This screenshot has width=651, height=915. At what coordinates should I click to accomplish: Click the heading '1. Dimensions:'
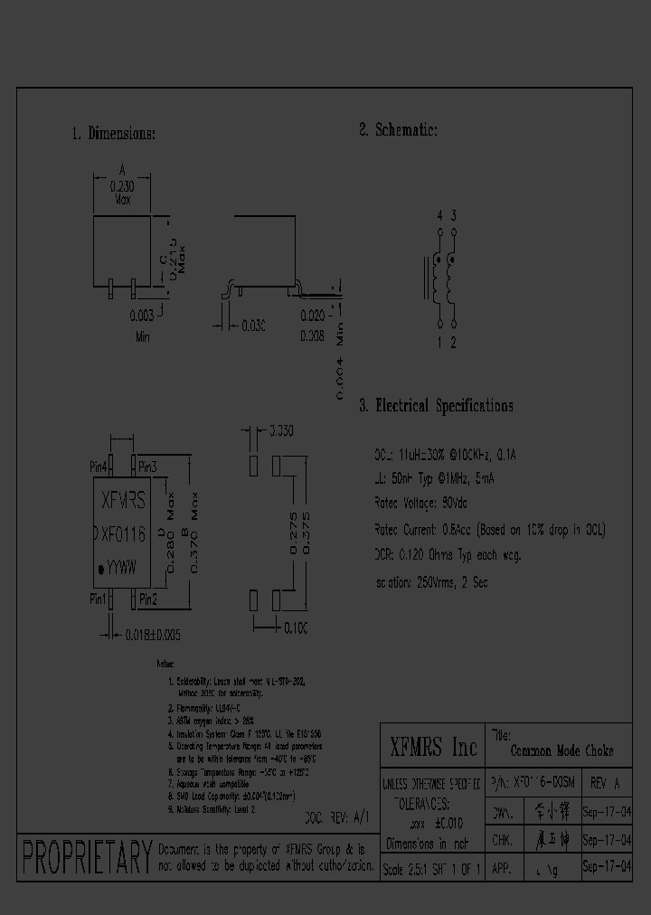click(x=113, y=134)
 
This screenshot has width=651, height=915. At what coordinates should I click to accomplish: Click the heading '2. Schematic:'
click(x=398, y=130)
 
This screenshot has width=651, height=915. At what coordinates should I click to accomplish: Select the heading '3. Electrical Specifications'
click(x=436, y=406)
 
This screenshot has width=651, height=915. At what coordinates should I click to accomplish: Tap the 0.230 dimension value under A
click(x=122, y=184)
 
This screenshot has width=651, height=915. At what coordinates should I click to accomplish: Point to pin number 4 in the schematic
click(x=440, y=215)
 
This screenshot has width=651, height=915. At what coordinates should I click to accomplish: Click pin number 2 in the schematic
click(x=453, y=343)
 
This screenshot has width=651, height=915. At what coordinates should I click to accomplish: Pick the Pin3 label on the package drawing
click(x=147, y=467)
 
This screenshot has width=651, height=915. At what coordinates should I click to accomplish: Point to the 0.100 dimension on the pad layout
click(x=296, y=627)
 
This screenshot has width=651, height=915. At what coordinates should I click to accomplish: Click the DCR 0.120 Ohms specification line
click(x=447, y=555)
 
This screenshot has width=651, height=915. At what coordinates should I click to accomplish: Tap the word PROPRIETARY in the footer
click(x=87, y=855)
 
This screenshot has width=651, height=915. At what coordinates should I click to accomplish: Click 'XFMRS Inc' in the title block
click(x=432, y=747)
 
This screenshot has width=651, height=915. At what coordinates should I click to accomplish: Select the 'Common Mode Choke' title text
click(x=561, y=750)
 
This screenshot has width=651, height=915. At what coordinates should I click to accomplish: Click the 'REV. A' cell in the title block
click(x=604, y=782)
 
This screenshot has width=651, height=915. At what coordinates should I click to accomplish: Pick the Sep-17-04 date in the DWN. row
click(x=606, y=812)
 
